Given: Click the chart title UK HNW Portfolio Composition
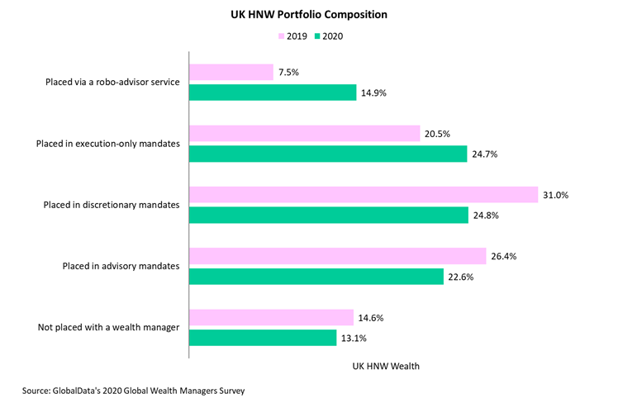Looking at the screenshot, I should tap(308, 14).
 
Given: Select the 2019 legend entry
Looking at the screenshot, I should tap(292, 37).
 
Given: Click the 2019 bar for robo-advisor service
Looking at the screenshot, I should tap(231, 73).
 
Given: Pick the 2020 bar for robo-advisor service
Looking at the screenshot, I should tap(273, 92).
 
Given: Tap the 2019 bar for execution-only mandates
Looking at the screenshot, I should tap(305, 134).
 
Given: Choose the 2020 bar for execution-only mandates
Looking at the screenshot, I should tap(328, 154).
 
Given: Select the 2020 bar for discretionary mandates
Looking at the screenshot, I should tap(329, 215).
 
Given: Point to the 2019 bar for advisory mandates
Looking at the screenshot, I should tap(338, 256).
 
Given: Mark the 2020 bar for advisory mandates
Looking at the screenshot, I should tap(316, 277).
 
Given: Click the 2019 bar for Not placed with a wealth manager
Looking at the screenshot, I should tap(272, 317).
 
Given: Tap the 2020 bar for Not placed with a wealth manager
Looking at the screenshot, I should tap(264, 337).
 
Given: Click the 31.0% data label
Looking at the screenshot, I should tap(558, 195).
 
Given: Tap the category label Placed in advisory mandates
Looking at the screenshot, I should tap(121, 266).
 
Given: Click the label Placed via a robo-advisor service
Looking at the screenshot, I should tap(113, 83).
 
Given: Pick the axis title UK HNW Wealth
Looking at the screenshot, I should tap(387, 365).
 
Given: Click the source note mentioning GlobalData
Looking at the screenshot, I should tap(134, 388).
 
